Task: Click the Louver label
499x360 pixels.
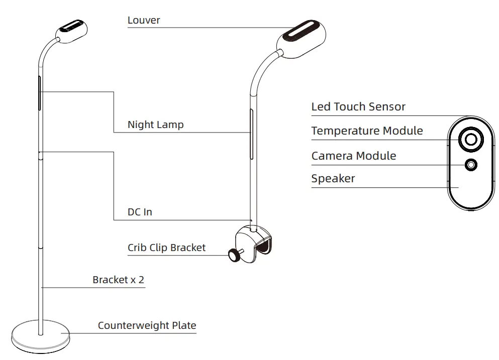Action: coord(144,21)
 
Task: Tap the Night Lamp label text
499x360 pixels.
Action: coord(155,125)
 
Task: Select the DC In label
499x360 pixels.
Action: coord(140,212)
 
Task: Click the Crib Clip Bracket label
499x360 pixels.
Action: coord(166,248)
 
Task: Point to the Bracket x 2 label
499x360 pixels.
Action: coord(118,280)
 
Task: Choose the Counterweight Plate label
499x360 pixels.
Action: coord(147,325)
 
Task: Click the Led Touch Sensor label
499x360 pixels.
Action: coord(358,107)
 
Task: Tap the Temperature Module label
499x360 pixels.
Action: coord(367,131)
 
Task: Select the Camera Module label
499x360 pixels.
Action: coord(353,156)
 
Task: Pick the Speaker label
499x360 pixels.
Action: coord(333,179)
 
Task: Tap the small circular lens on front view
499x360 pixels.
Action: coord(471,165)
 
